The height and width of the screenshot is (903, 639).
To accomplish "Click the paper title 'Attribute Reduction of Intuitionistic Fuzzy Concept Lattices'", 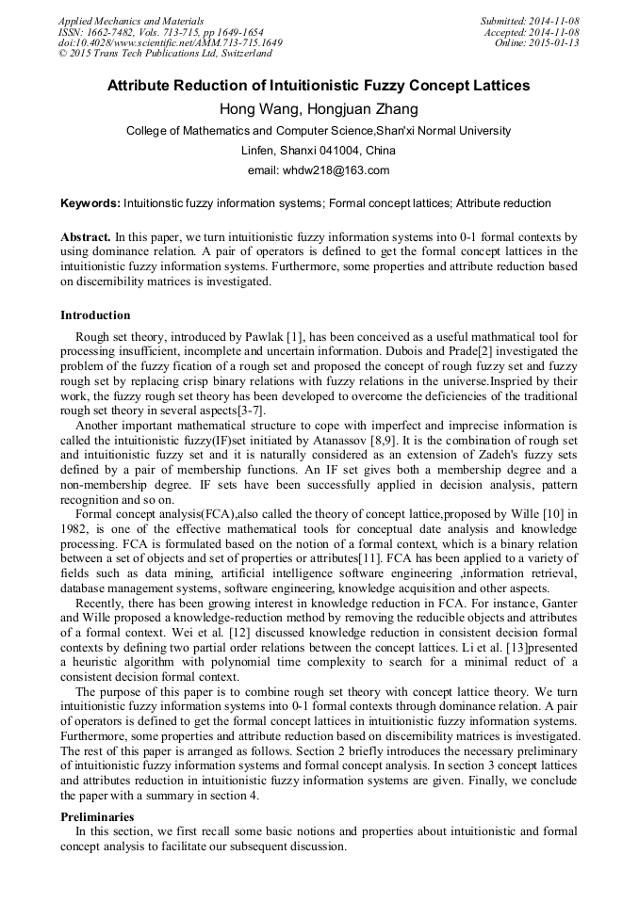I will [319, 86].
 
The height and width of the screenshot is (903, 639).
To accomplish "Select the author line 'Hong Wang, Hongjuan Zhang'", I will [319, 109].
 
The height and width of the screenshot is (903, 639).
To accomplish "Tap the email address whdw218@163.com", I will [319, 170].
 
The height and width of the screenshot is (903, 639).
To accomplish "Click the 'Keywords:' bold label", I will [90, 203].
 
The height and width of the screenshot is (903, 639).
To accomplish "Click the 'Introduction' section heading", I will [95, 315].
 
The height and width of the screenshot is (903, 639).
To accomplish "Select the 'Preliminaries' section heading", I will [97, 816].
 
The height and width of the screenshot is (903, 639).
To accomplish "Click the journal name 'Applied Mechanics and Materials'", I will [130, 21].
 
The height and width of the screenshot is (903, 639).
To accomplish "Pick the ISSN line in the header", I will [160, 32].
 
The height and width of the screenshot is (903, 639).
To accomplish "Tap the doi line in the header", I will [170, 43].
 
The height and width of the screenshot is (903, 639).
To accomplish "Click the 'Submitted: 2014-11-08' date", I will [530, 21].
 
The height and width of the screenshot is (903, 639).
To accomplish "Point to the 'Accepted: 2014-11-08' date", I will [532, 32].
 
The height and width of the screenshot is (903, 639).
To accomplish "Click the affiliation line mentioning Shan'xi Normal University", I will [319, 131].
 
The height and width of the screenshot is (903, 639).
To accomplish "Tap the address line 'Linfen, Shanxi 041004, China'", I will [319, 151].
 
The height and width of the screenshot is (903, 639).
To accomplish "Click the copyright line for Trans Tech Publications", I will [165, 54].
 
